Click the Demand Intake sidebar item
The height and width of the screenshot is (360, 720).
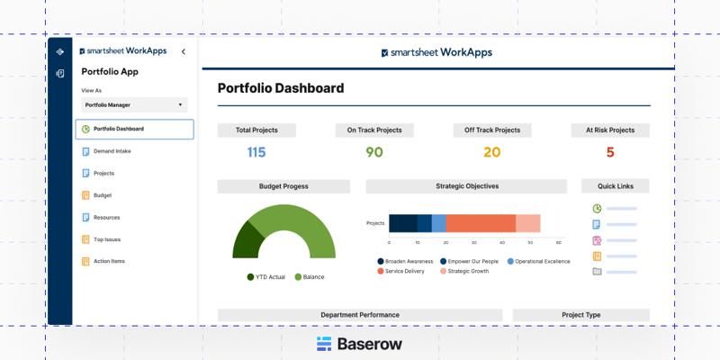point(112,151)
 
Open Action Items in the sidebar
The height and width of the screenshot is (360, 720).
point(109,261)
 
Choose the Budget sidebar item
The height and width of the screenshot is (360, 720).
point(102,195)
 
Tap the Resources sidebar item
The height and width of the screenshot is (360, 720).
point(106,217)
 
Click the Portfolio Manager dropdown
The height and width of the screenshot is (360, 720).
point(134,105)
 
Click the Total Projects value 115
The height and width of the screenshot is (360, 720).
point(256,152)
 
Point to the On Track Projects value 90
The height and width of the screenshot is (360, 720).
point(374,152)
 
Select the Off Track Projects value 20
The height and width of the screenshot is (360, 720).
point(491,152)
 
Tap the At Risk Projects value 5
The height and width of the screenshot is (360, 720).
point(610,152)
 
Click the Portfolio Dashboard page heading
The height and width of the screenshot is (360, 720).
point(281,88)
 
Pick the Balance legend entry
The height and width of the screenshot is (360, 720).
point(310,277)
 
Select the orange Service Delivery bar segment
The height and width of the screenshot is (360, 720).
point(481,223)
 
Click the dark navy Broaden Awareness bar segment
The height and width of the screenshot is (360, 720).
point(402,223)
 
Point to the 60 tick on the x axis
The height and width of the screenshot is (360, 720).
point(559,243)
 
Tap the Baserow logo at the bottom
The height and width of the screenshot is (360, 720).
point(360,344)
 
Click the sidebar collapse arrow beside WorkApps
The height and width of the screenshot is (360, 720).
point(184,52)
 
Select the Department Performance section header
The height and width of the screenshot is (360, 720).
point(360,315)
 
